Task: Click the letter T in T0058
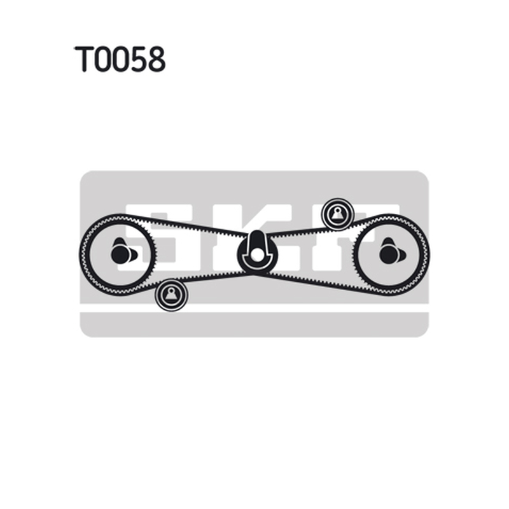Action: [x=85, y=59]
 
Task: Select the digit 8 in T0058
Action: [x=156, y=59]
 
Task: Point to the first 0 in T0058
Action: [x=102, y=59]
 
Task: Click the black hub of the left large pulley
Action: [x=121, y=254]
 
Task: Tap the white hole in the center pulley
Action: [x=256, y=255]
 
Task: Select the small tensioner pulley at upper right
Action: [x=338, y=214]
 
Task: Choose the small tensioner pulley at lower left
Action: [x=171, y=295]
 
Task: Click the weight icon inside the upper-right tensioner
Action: [x=337, y=214]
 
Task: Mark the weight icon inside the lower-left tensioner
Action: [x=171, y=295]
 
